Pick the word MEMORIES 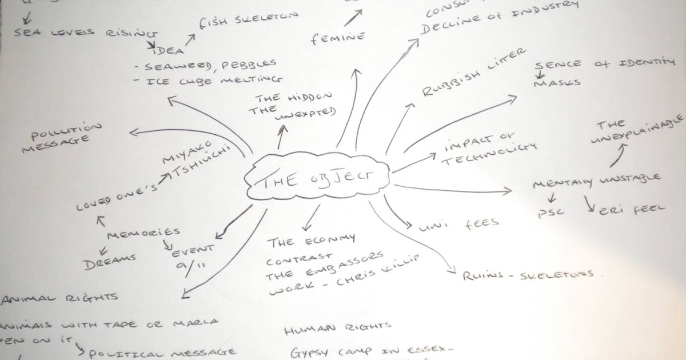[143, 234]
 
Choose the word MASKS [557, 82]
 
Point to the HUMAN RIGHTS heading [337, 328]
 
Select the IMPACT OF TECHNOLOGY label [489, 151]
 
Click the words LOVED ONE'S [117, 197]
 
